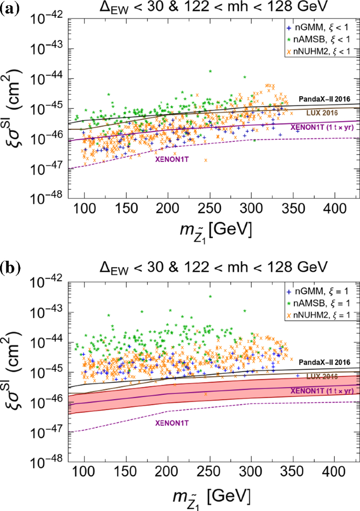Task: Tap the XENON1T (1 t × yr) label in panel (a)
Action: pos(321,126)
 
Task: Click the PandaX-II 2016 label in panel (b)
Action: pos(325,362)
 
